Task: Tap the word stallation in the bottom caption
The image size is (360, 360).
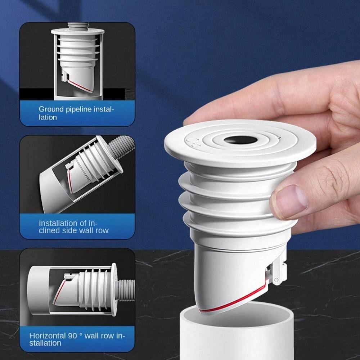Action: coord(45,343)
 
